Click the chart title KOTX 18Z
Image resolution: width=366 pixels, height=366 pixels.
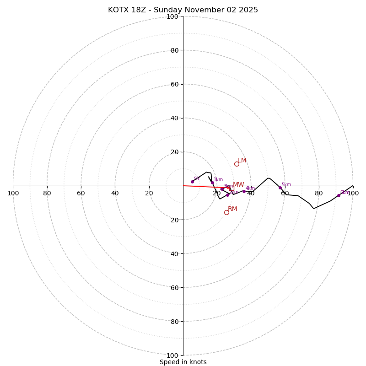tap(183, 10)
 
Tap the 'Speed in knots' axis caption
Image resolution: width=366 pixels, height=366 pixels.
tap(183, 362)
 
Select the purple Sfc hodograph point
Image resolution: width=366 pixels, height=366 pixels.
tap(192, 182)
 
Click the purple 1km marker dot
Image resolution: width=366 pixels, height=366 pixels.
tap(212, 183)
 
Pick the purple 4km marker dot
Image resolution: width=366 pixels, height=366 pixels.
tap(244, 191)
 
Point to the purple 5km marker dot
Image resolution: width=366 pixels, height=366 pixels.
tap(280, 188)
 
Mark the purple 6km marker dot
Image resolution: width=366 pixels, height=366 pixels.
tap(339, 195)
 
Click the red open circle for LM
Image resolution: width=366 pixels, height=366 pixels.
tap(237, 164)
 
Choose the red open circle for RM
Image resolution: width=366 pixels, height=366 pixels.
tap(226, 212)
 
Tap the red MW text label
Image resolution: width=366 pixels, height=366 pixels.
tap(238, 185)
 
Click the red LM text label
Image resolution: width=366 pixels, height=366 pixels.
tap(242, 161)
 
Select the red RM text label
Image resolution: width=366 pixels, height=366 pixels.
tap(232, 209)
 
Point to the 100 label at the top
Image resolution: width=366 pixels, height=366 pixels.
tap(172, 16)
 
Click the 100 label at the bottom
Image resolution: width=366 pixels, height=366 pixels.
tap(172, 355)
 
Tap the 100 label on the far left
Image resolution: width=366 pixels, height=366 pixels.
tap(13, 194)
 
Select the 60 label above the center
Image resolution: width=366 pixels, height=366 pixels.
tap(174, 84)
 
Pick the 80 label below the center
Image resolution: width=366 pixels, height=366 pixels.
tap(174, 322)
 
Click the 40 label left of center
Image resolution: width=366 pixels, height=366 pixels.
tap(115, 194)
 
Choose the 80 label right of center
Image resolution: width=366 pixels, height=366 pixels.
tap(319, 194)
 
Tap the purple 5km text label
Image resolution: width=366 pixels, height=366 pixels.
tap(286, 185)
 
